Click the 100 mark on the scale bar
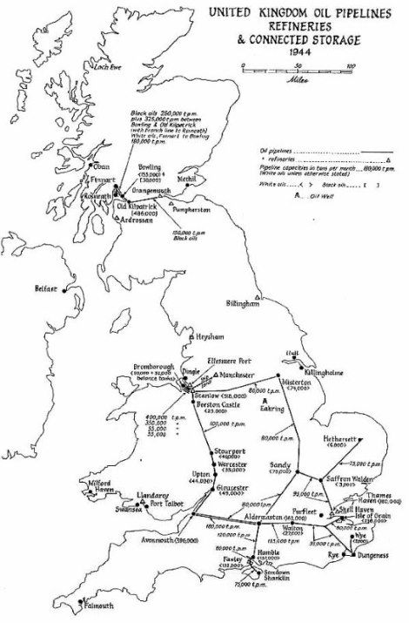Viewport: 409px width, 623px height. pyautogui.click(x=350, y=66)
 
